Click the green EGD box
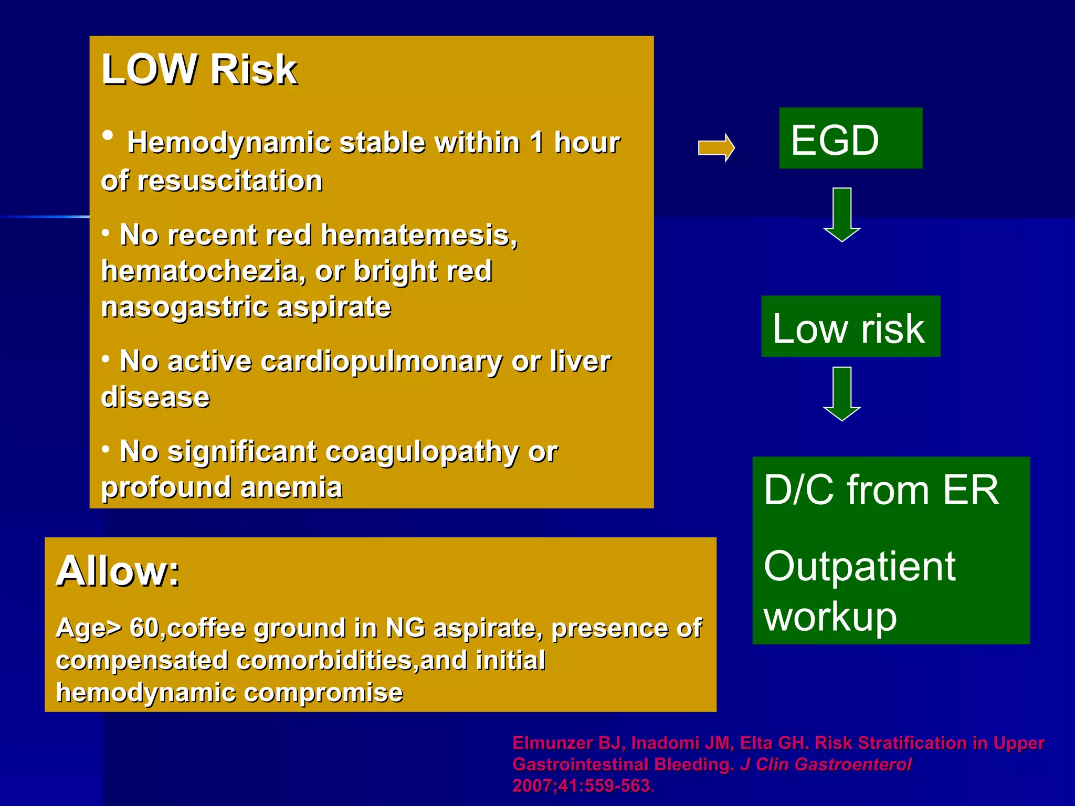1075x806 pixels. (x=850, y=139)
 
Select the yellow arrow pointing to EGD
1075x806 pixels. (x=716, y=148)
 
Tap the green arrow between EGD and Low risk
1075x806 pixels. (x=841, y=214)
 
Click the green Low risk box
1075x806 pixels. (x=850, y=327)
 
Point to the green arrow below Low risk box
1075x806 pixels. (x=841, y=394)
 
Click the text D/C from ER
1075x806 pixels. (x=881, y=490)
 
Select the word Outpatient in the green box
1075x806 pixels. (x=859, y=566)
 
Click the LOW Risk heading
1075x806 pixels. (x=199, y=69)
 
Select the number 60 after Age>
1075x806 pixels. (x=143, y=628)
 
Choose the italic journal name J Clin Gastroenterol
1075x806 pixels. (x=826, y=765)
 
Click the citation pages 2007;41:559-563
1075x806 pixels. (x=581, y=786)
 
